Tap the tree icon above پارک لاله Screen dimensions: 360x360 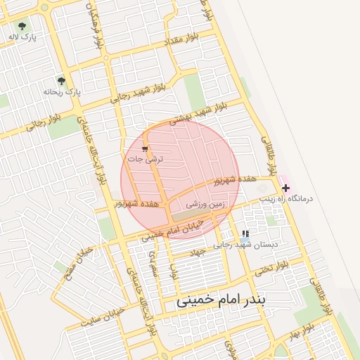pos(25,25)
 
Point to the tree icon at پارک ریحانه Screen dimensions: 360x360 pos(60,80)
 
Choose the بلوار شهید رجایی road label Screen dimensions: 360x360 pos(138,91)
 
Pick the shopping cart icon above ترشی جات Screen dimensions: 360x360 pos(145,148)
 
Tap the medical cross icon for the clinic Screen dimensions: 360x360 pos(285,188)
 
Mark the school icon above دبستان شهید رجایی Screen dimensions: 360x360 pos(245,233)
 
